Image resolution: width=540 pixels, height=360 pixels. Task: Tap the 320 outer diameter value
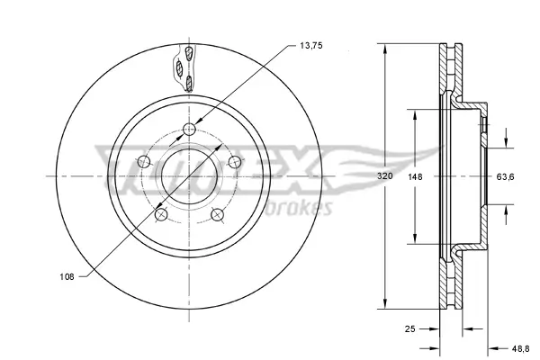click(384, 177)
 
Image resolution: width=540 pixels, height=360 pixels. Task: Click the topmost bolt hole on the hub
click(188, 130)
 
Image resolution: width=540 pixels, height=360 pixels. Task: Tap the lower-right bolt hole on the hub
click(217, 215)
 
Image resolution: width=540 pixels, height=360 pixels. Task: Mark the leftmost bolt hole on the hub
click(143, 162)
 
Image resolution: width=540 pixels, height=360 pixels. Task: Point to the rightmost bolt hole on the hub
click(234, 162)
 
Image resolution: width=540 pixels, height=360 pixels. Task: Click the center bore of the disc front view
click(188, 177)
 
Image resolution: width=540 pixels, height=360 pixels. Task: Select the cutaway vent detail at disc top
click(186, 68)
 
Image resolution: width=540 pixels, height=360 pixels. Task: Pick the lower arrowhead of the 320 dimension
click(384, 308)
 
